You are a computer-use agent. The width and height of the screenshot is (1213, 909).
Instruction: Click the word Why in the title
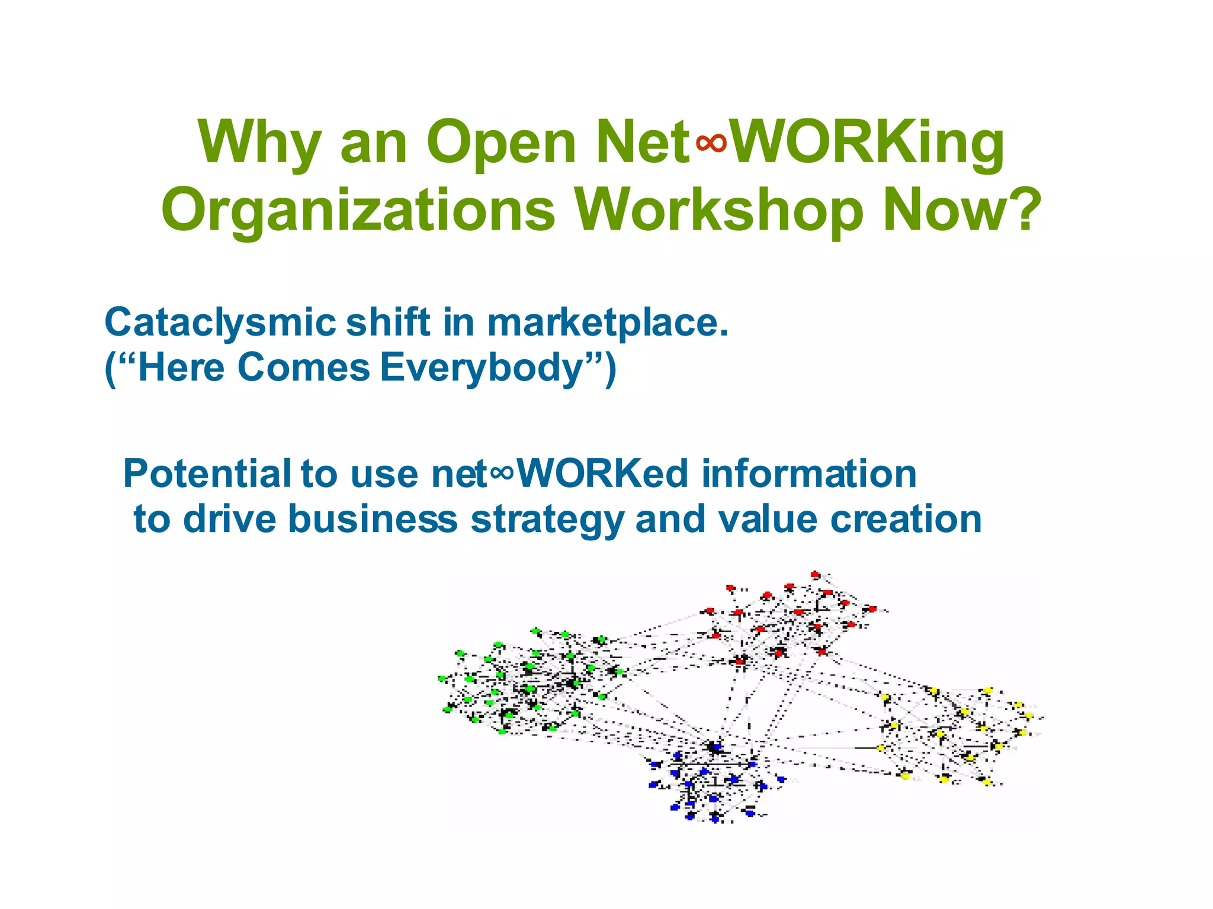point(260,143)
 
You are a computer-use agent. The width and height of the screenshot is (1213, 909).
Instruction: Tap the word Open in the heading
point(500,143)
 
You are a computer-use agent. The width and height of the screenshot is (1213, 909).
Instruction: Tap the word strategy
point(547,520)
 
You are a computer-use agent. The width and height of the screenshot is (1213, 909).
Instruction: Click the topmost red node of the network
point(815,574)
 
